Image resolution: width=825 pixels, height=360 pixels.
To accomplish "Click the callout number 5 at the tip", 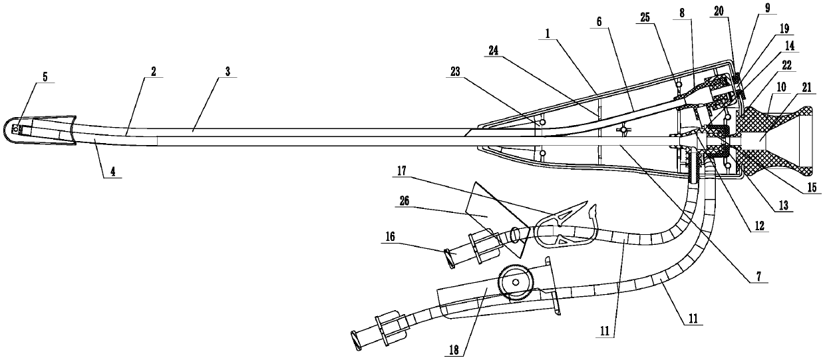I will (45, 77).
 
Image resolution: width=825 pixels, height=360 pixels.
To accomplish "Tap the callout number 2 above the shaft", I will (153, 71).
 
